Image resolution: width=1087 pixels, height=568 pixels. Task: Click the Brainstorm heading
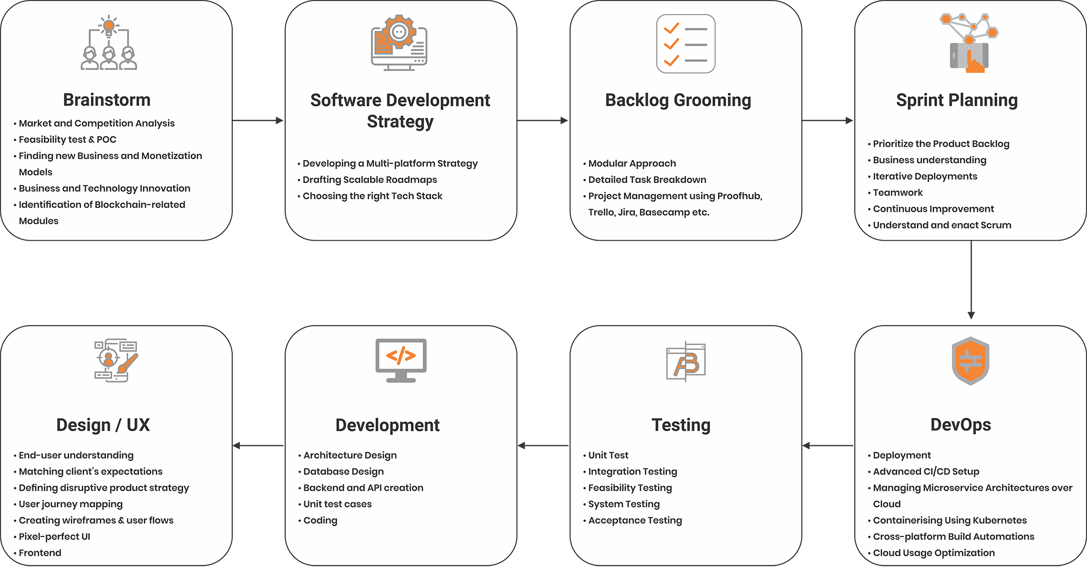pyautogui.click(x=107, y=100)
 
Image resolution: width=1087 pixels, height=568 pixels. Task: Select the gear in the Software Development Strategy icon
pyautogui.click(x=399, y=32)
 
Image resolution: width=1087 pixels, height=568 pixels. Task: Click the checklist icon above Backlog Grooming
pyautogui.click(x=685, y=43)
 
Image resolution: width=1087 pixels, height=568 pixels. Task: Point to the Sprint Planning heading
pyautogui.click(x=957, y=100)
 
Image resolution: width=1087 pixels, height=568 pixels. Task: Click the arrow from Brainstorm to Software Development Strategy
pyautogui.click(x=258, y=121)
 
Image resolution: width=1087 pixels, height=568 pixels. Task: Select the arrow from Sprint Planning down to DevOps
pyautogui.click(x=971, y=280)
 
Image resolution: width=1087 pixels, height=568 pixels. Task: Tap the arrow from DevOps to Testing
pyautogui.click(x=828, y=446)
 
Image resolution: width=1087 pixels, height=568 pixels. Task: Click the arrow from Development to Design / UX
pyautogui.click(x=258, y=446)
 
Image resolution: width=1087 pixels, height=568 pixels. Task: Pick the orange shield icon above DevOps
pyautogui.click(x=970, y=361)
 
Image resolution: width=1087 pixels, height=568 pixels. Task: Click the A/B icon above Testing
pyautogui.click(x=685, y=362)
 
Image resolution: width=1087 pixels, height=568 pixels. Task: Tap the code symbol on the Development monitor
pyautogui.click(x=401, y=356)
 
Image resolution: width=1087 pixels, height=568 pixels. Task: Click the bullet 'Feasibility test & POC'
pyautogui.click(x=65, y=140)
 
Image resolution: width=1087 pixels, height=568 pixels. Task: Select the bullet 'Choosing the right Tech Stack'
pyautogui.click(x=370, y=196)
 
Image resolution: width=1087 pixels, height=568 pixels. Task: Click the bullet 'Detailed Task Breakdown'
pyautogui.click(x=645, y=180)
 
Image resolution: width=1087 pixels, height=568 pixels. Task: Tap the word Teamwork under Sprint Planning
pyautogui.click(x=898, y=193)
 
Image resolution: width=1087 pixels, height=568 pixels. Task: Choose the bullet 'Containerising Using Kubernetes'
pyautogui.click(x=947, y=520)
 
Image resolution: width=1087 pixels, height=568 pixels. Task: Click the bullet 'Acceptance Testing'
pyautogui.click(x=633, y=520)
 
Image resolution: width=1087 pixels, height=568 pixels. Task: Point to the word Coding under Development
pyautogui.click(x=320, y=520)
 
